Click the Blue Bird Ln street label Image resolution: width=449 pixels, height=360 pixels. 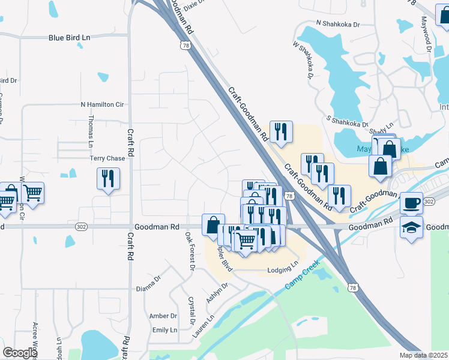tap(69, 37)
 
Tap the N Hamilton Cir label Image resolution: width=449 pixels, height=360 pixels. tap(102, 104)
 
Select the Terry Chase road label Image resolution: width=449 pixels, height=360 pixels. tap(107, 158)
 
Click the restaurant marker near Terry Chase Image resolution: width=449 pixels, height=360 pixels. tap(108, 178)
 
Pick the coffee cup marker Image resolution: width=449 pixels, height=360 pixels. tap(411, 203)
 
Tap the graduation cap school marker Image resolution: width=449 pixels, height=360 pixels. tap(411, 228)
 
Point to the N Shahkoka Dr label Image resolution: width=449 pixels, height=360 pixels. tap(337, 25)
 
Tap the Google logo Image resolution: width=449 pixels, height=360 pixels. tap(20, 353)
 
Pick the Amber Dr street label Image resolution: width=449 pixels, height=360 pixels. tap(163, 316)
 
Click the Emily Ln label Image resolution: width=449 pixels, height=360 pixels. tap(164, 330)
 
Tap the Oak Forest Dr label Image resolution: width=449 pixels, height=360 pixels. tap(189, 251)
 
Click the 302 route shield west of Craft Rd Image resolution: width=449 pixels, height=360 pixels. tap(82, 227)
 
